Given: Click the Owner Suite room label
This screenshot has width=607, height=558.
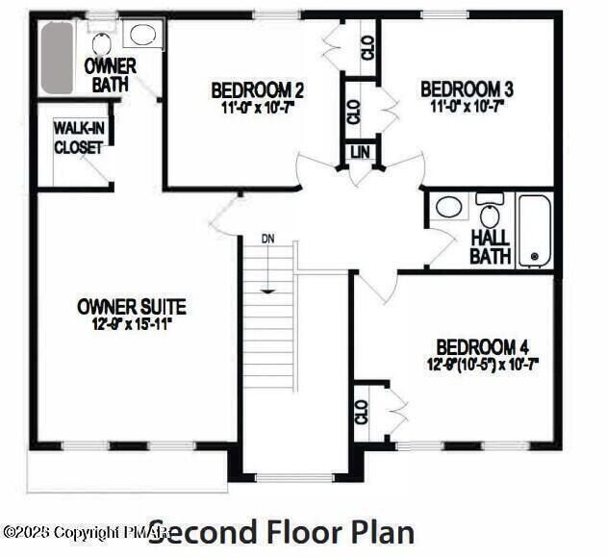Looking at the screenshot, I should click(x=131, y=307).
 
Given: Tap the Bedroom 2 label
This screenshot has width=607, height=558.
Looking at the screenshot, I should click(x=258, y=90).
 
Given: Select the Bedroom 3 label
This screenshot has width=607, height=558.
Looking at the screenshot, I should click(x=467, y=89).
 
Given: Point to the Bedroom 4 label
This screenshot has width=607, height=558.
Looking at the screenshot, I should click(x=482, y=347).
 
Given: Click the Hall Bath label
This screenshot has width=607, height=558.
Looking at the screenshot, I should click(x=490, y=247).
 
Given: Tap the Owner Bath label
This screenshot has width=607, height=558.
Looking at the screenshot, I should click(x=110, y=75).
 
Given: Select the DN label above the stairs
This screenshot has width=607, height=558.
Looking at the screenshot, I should click(x=268, y=238).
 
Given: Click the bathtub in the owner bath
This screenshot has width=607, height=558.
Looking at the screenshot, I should click(x=57, y=58).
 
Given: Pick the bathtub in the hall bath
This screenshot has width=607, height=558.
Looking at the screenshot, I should click(x=535, y=230).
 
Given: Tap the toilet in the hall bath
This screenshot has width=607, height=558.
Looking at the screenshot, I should click(x=490, y=213).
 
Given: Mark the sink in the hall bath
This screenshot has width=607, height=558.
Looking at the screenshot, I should click(x=448, y=206).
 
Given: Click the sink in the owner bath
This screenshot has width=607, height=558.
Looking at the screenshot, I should click(x=142, y=37).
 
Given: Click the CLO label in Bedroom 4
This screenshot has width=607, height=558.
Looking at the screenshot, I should click(x=362, y=413).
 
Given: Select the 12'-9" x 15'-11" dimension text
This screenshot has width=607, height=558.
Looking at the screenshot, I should click(x=131, y=324).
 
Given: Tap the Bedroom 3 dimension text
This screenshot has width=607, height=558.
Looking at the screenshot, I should click(x=467, y=106).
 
